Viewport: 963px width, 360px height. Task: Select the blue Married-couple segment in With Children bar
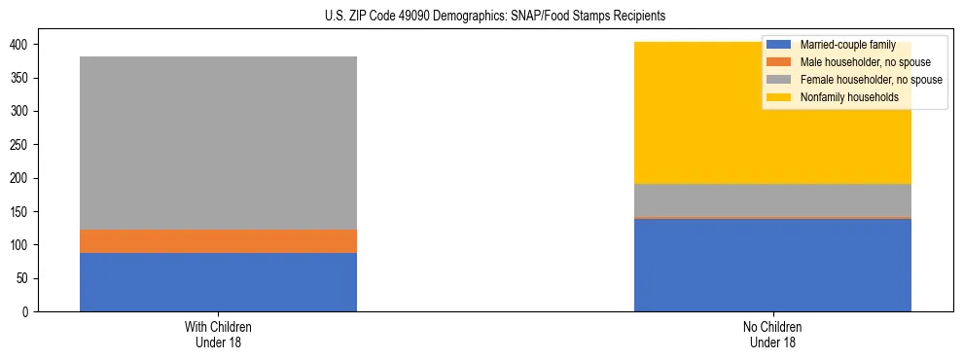coord(218,282)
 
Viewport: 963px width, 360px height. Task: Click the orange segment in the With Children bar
coord(218,241)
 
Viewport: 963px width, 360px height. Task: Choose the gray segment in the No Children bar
coord(772,200)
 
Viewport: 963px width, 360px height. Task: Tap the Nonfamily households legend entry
coord(842,97)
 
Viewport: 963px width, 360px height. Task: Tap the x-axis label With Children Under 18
coord(218,334)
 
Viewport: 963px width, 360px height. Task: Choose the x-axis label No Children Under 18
coord(772,334)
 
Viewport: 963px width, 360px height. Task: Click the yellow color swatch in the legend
coord(780,97)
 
